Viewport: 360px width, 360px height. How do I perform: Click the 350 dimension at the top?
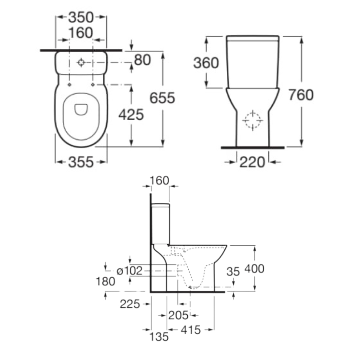[81, 18]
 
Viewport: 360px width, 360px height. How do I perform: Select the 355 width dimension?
[81, 162]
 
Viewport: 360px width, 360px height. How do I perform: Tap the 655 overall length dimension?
[162, 98]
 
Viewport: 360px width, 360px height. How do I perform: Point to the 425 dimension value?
[131, 115]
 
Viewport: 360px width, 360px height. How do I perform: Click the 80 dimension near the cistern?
[142, 60]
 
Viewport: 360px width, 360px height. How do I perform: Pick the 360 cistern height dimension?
[206, 63]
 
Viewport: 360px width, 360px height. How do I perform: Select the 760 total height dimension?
[301, 95]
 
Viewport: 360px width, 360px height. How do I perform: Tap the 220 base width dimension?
[252, 162]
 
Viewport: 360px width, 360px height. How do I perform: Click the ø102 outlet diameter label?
[130, 271]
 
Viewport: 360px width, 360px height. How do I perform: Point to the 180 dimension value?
[105, 282]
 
